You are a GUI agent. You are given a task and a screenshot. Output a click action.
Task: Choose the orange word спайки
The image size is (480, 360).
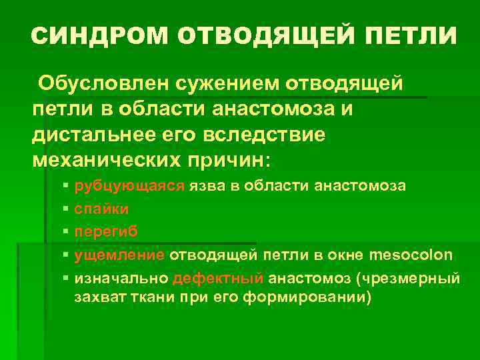(x=102, y=209)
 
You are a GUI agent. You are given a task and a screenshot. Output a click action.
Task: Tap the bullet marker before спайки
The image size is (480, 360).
(x=64, y=209)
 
